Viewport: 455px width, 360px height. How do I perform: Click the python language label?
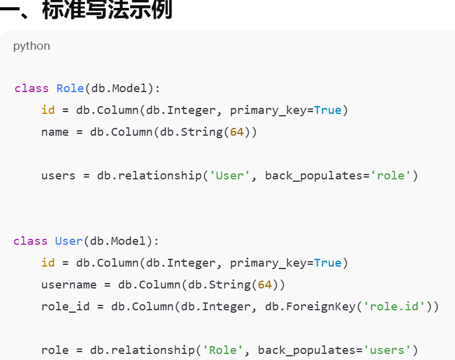pos(32,46)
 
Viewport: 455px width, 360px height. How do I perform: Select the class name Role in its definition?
pos(70,88)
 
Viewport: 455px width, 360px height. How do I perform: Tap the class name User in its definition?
pos(69,241)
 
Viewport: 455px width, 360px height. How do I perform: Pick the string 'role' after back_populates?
pos(391,176)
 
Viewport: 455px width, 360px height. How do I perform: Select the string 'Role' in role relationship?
pos(223,350)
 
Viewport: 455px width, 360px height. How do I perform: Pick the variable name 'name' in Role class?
pos(55,132)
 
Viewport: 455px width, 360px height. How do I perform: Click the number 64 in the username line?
pos(265,285)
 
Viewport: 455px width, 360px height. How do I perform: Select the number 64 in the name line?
pos(237,132)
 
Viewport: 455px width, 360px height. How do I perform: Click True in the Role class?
pos(328,110)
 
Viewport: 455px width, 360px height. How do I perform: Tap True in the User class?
pos(328,263)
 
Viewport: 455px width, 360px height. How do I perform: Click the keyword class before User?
pos(30,241)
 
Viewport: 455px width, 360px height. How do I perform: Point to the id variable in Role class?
pos(48,110)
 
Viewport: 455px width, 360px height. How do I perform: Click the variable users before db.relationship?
pos(58,176)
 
